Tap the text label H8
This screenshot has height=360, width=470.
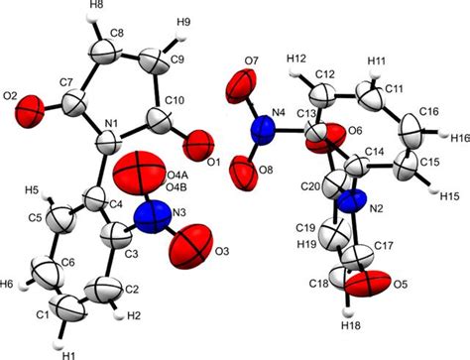pos(96,8)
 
